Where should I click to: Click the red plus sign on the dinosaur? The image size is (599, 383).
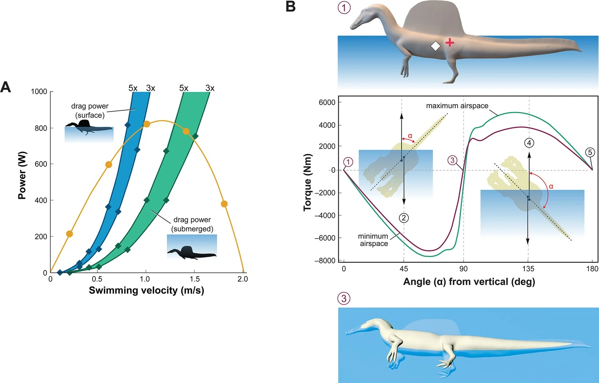pos(450,42)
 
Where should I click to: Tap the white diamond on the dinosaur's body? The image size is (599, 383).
pos(435,46)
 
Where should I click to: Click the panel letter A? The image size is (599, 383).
pos(6,87)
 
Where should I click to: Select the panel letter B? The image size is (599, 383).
pos(291,7)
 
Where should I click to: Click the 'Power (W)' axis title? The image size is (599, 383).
pos(22,176)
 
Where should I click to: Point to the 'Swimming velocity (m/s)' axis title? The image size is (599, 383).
pos(146,290)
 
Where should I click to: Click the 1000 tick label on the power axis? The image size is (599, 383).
pos(39,92)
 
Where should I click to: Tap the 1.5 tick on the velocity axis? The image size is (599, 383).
pos(194,279)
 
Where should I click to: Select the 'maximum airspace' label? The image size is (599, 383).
pos(457,106)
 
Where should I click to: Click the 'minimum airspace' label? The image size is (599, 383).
pos(373,240)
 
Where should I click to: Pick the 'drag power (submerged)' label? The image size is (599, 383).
pos(192,224)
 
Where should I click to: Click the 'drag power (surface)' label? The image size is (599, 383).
pos(90,111)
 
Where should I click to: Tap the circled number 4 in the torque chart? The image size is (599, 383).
pos(529,143)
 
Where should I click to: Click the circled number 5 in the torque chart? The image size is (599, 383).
pos(590,152)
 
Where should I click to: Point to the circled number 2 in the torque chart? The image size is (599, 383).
pos(404,218)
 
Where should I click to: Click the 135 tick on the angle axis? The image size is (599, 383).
pos(528,269)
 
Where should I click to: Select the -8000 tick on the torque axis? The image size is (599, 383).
pos(324,261)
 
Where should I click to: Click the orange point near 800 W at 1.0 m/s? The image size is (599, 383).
pos(147,124)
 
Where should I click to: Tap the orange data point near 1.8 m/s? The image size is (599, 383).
pos(224,204)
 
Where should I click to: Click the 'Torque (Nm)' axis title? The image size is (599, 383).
pos(307,182)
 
